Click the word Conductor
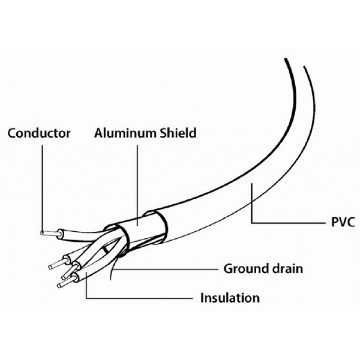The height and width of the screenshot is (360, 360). point(39,133)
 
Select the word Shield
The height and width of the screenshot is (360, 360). point(178,133)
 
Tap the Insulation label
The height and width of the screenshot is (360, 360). point(230,298)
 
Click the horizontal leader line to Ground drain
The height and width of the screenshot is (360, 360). point(165,269)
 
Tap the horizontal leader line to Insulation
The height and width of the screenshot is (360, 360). point(141,298)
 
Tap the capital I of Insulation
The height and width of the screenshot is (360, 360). point(202,298)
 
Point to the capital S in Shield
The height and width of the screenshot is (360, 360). point(164,133)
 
